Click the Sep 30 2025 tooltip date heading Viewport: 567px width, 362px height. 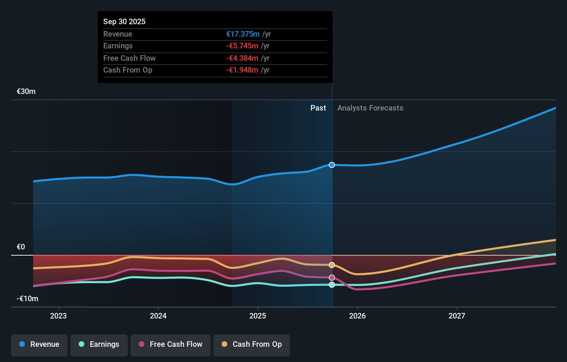click(x=124, y=21)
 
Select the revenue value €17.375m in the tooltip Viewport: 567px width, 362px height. click(x=243, y=34)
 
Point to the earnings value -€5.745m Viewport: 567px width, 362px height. click(x=242, y=46)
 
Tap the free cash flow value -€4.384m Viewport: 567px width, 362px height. click(x=242, y=58)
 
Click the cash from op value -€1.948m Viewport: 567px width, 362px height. click(x=242, y=70)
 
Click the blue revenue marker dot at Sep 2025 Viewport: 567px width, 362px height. click(x=332, y=165)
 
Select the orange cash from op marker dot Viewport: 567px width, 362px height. click(x=332, y=265)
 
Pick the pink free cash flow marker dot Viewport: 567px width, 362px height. click(x=332, y=278)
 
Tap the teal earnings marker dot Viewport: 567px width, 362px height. click(x=332, y=285)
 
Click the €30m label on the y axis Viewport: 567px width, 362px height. click(x=26, y=92)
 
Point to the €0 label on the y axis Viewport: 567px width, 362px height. click(x=21, y=247)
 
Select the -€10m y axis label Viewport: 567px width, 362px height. click(x=27, y=298)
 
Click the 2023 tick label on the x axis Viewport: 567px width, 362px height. click(x=58, y=316)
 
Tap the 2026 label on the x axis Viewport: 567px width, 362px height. click(x=357, y=316)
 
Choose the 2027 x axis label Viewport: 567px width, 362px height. click(x=457, y=316)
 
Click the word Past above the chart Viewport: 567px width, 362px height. click(x=318, y=108)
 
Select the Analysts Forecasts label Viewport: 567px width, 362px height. click(x=370, y=108)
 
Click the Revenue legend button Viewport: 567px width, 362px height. click(x=39, y=344)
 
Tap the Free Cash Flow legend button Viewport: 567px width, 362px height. click(x=171, y=344)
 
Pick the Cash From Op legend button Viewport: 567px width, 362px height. click(x=252, y=344)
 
